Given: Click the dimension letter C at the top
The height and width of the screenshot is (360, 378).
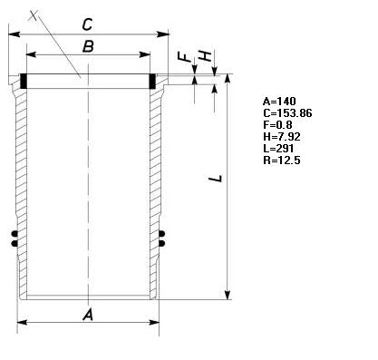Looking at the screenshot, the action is tap(87, 24).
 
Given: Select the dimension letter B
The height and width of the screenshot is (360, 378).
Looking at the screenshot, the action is tap(88, 47).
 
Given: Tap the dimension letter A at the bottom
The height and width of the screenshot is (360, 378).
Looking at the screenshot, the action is tap(88, 315).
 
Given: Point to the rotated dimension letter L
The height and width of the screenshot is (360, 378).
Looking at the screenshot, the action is tap(216, 179).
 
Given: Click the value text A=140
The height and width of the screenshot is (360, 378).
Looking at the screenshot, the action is tap(279, 101).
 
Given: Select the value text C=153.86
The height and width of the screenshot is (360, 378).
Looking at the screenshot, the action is tap(287, 113).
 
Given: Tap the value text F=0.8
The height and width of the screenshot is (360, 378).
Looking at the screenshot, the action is tap(277, 124).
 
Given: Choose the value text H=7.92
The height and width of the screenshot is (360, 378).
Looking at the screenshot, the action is tap(282, 137).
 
